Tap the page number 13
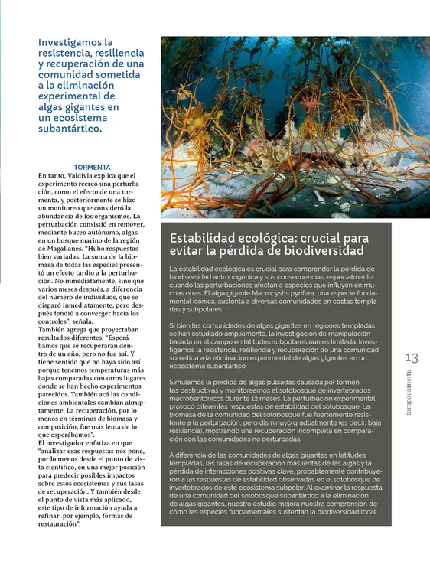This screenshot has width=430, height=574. coord(412,358)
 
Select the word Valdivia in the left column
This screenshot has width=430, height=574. coord(86,175)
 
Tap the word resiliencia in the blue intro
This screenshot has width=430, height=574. coord(121,53)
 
